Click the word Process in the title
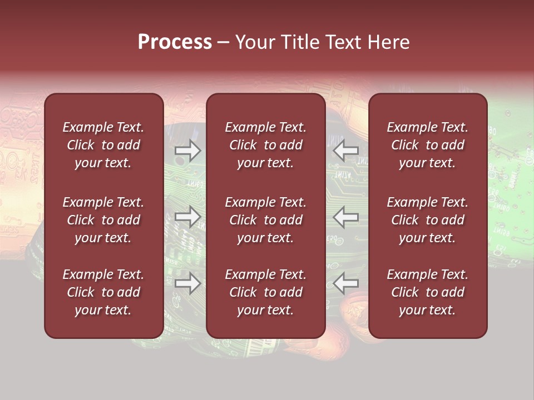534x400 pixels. [x=175, y=42]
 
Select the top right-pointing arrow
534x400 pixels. [x=187, y=151]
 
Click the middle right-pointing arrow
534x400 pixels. [x=187, y=217]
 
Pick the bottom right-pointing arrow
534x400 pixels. [x=187, y=283]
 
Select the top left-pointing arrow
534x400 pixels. [x=345, y=151]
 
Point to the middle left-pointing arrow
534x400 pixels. [x=345, y=217]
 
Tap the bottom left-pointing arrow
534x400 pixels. [x=345, y=283]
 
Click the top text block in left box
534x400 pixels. [x=103, y=145]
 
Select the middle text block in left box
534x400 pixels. [x=103, y=220]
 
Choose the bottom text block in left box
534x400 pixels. [x=103, y=292]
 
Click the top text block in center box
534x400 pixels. [x=265, y=145]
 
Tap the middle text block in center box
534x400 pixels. [x=265, y=220]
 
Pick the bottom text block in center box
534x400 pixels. [x=265, y=292]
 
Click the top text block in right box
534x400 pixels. [x=428, y=145]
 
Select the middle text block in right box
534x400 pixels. [x=428, y=220]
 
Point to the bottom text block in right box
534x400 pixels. [x=428, y=292]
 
